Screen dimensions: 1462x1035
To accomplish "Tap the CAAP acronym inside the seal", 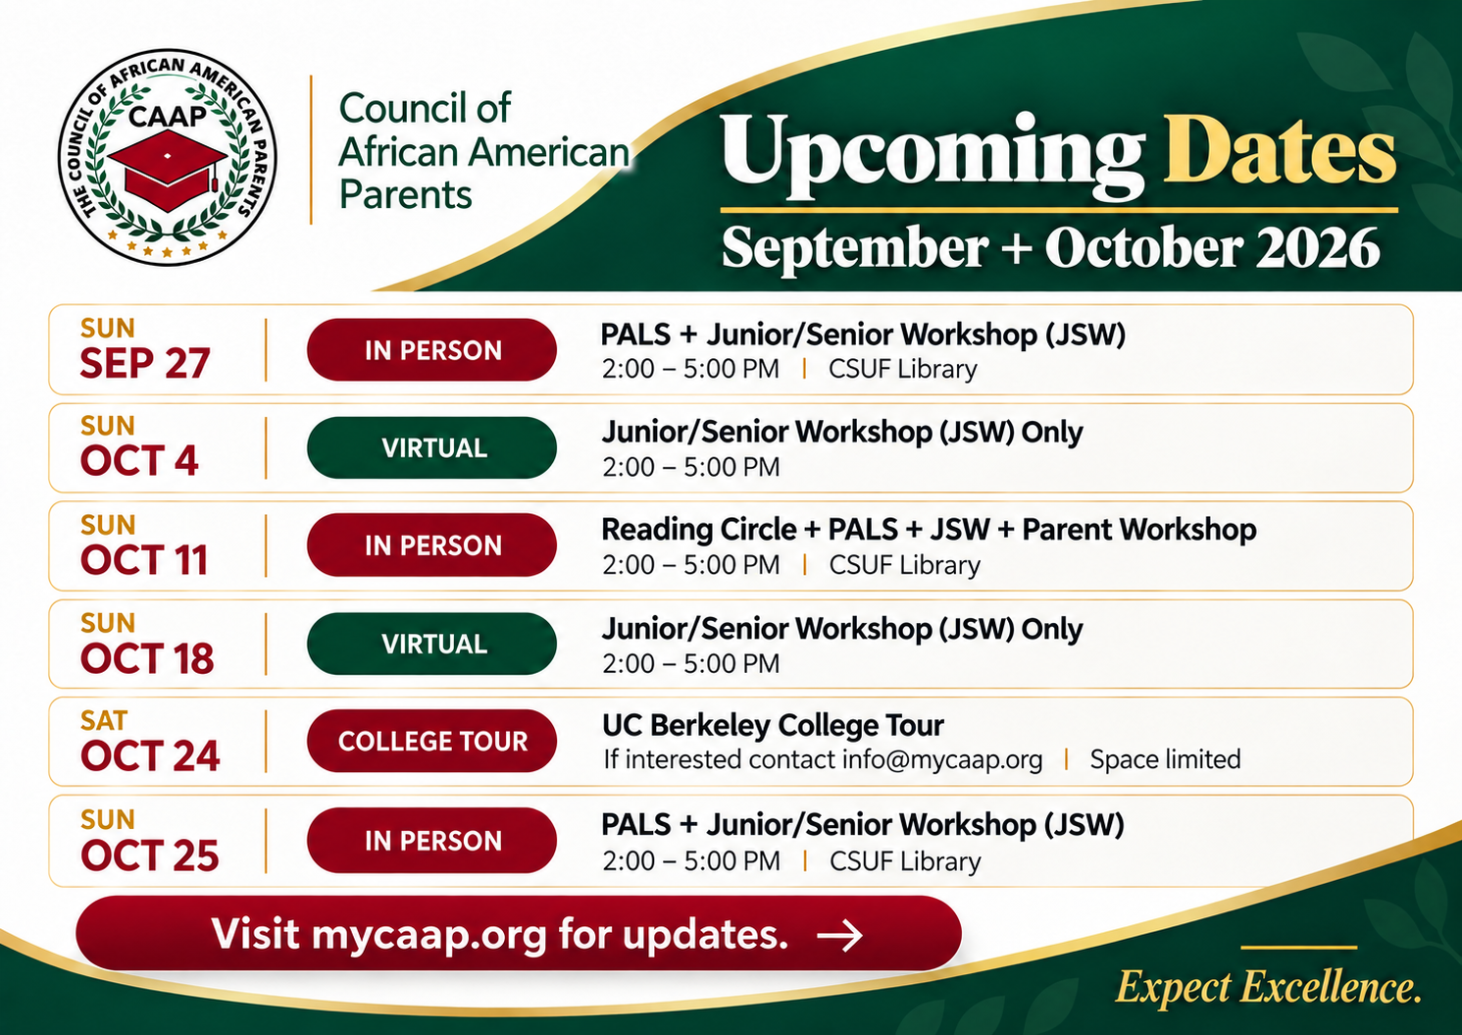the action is click(x=167, y=116).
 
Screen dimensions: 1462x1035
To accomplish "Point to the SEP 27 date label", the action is click(x=145, y=363).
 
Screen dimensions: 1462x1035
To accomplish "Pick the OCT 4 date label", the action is click(x=139, y=460).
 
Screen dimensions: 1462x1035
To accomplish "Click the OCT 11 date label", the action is click(x=144, y=559).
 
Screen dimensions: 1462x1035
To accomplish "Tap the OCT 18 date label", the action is click(x=147, y=657).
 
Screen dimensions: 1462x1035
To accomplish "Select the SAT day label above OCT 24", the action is click(x=104, y=720).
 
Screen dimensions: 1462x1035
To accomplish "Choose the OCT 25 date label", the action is click(x=149, y=854).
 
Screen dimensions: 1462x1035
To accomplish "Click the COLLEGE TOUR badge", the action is click(x=432, y=741).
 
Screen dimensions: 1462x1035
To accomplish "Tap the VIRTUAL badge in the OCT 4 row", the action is click(x=432, y=448).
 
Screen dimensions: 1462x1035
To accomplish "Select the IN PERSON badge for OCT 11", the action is click(x=432, y=545).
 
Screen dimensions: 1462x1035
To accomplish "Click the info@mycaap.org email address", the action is click(x=941, y=760).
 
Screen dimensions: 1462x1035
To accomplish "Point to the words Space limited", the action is click(x=1165, y=758).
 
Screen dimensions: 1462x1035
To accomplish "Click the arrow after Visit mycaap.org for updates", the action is click(x=839, y=935).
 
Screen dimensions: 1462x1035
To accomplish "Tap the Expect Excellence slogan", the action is click(x=1268, y=987).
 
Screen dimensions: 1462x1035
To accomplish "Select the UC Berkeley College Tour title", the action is click(x=773, y=725).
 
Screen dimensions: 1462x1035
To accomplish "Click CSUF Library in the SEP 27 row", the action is click(x=903, y=369).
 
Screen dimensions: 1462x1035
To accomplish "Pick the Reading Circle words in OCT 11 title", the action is click(x=698, y=530).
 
